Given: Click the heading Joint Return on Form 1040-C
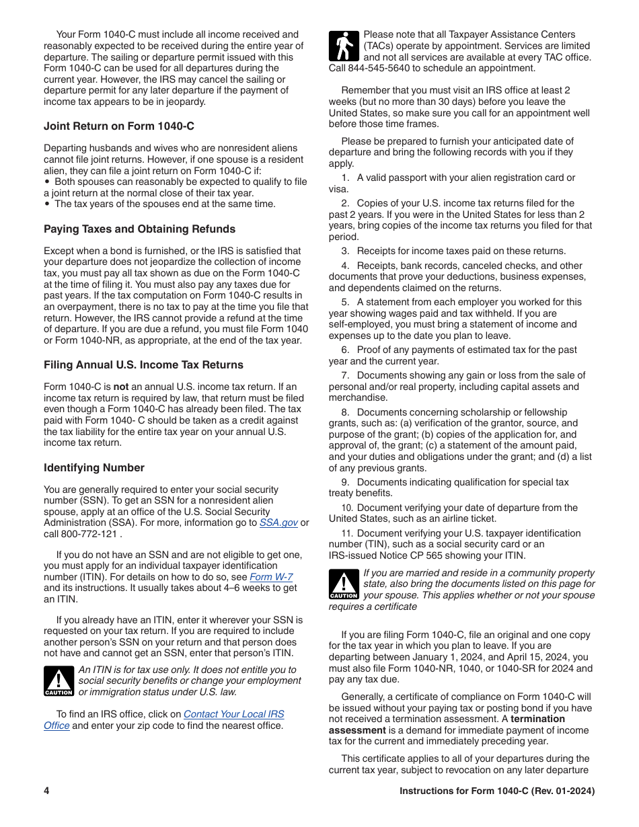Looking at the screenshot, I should pos(119,126).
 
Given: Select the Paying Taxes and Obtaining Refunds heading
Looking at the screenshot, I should pos(139,229).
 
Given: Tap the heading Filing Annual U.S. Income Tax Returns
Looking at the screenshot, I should pos(143,364).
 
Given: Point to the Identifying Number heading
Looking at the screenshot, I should pos(94,467).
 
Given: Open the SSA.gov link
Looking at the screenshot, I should pos(278,522).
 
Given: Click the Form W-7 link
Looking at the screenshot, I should pos(271,577).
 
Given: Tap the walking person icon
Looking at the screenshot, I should pos(344,46).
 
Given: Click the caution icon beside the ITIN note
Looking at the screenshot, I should pos(59,681).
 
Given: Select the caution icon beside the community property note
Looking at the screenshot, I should pos(344,584).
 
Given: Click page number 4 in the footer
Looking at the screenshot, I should pos(47,791).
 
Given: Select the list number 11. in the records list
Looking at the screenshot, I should pos(347,533).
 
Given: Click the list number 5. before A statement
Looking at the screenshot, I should pos(345,302).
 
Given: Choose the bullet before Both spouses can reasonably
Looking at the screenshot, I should pos(46,182).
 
